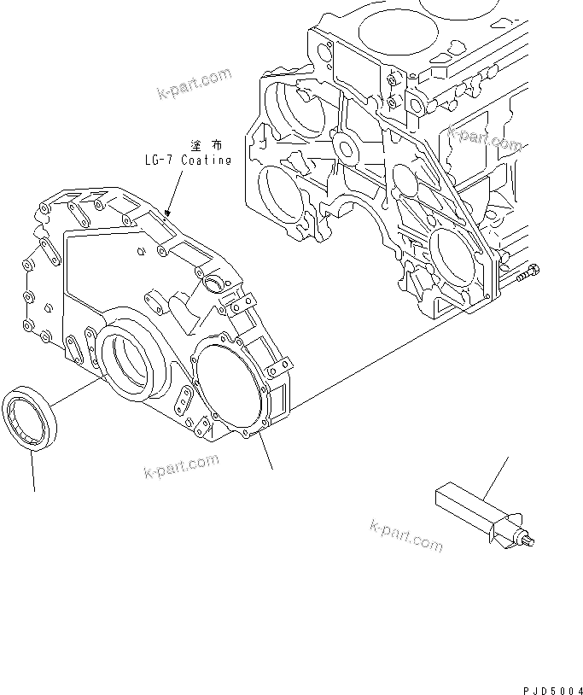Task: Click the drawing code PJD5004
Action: coord(551,687)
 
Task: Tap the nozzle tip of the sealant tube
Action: coord(531,539)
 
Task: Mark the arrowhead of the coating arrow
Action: coord(169,211)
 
